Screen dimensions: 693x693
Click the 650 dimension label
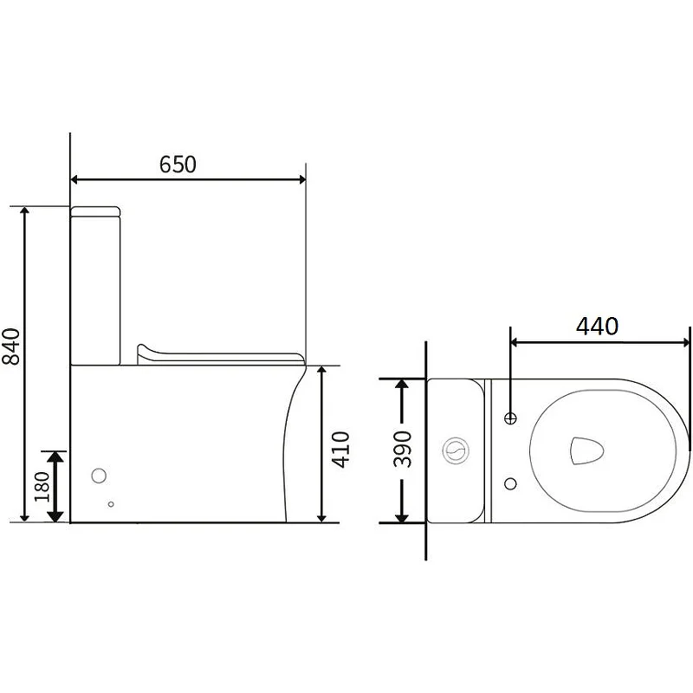(178, 165)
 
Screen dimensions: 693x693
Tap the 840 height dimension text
(11, 346)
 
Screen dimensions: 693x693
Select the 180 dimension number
(42, 487)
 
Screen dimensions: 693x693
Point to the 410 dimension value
(340, 450)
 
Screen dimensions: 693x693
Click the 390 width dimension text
(402, 449)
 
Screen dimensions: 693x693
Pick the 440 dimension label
(597, 327)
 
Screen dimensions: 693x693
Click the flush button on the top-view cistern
(456, 450)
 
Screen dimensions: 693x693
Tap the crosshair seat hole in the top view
(510, 418)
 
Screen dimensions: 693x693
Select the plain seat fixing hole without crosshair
(510, 483)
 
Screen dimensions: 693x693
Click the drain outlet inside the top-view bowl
(587, 450)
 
